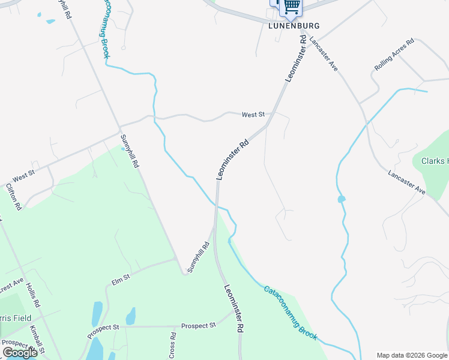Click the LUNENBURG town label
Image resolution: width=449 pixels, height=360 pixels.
click(294, 26)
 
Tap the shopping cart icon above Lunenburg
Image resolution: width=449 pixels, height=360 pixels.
click(292, 6)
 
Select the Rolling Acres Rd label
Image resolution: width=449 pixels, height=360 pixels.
click(394, 55)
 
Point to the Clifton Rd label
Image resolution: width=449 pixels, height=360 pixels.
click(14, 196)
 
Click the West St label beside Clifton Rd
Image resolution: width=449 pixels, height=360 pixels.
click(24, 176)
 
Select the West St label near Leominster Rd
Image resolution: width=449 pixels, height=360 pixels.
click(253, 114)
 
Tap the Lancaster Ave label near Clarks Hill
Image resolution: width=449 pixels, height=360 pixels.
click(406, 183)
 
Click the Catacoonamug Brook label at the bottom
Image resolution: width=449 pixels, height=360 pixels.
click(290, 313)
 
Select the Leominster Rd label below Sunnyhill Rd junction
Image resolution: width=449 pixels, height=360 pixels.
click(234, 308)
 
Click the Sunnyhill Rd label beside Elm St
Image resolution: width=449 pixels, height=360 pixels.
click(198, 257)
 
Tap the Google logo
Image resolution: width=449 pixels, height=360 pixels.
click(20, 352)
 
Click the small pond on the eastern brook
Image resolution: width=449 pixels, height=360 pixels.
click(341, 199)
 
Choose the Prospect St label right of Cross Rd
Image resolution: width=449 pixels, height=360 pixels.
click(198, 325)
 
